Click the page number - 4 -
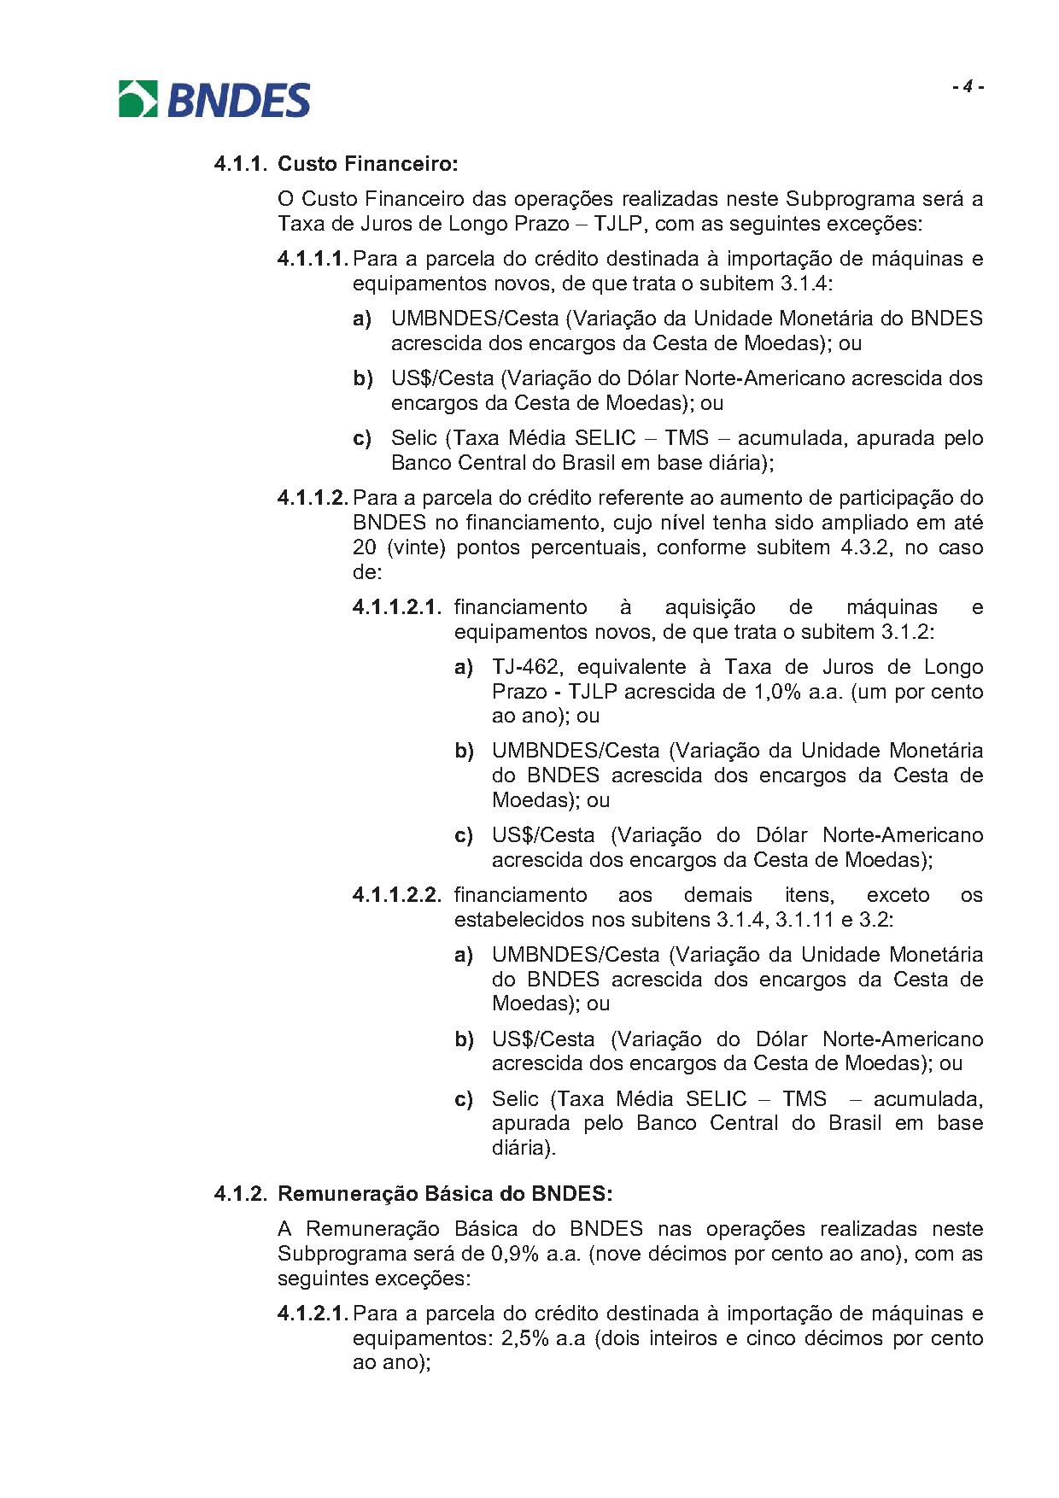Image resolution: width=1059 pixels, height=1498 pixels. tap(968, 86)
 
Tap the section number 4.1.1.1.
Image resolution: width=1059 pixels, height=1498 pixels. tap(313, 259)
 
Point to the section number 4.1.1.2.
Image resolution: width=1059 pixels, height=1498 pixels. tap(313, 498)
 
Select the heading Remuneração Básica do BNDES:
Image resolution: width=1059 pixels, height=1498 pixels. tap(445, 1193)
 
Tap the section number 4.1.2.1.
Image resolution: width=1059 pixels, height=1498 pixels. tap(313, 1314)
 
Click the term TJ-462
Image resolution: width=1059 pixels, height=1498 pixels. tap(522, 667)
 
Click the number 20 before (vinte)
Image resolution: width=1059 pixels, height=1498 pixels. tap(365, 547)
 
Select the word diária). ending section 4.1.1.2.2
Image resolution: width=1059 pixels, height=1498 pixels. tap(524, 1148)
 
